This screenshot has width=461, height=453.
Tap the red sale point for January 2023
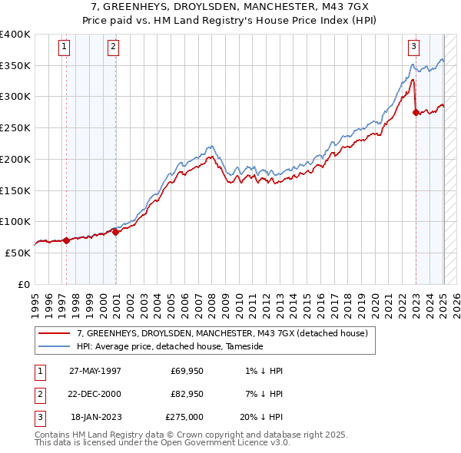click(416, 112)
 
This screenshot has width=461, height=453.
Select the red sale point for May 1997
click(66, 240)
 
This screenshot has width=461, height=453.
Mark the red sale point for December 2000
click(115, 232)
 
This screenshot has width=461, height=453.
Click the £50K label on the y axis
click(18, 253)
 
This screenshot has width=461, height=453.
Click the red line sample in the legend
click(55, 333)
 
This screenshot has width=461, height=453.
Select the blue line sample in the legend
click(55, 346)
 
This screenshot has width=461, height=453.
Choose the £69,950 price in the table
click(187, 371)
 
